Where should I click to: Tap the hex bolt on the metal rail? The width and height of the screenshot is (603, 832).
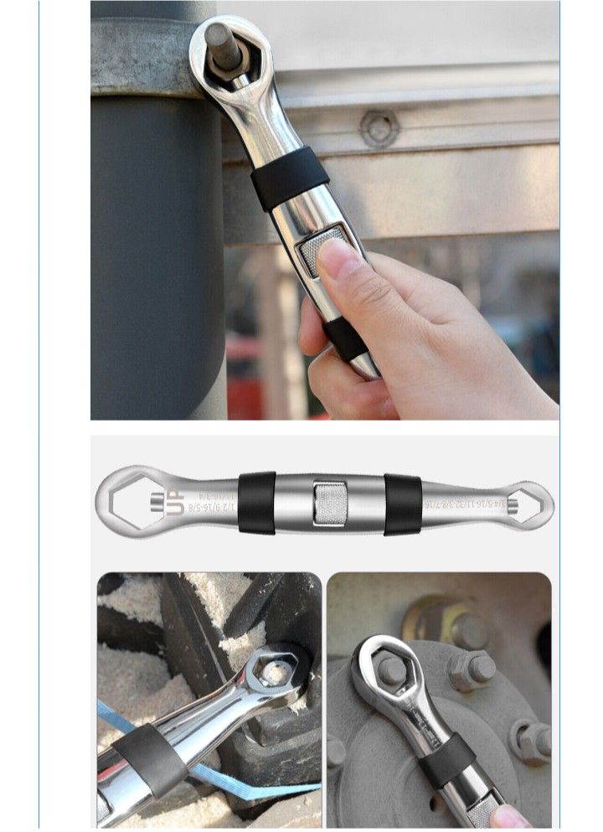coord(379,127)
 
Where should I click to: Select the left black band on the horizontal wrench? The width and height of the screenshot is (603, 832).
coord(256,504)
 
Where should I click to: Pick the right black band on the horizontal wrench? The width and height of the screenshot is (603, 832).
coord(402,504)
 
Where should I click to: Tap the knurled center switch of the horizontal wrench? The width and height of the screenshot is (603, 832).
coord(329,504)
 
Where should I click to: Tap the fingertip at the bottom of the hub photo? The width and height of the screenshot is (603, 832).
coord(513,817)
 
